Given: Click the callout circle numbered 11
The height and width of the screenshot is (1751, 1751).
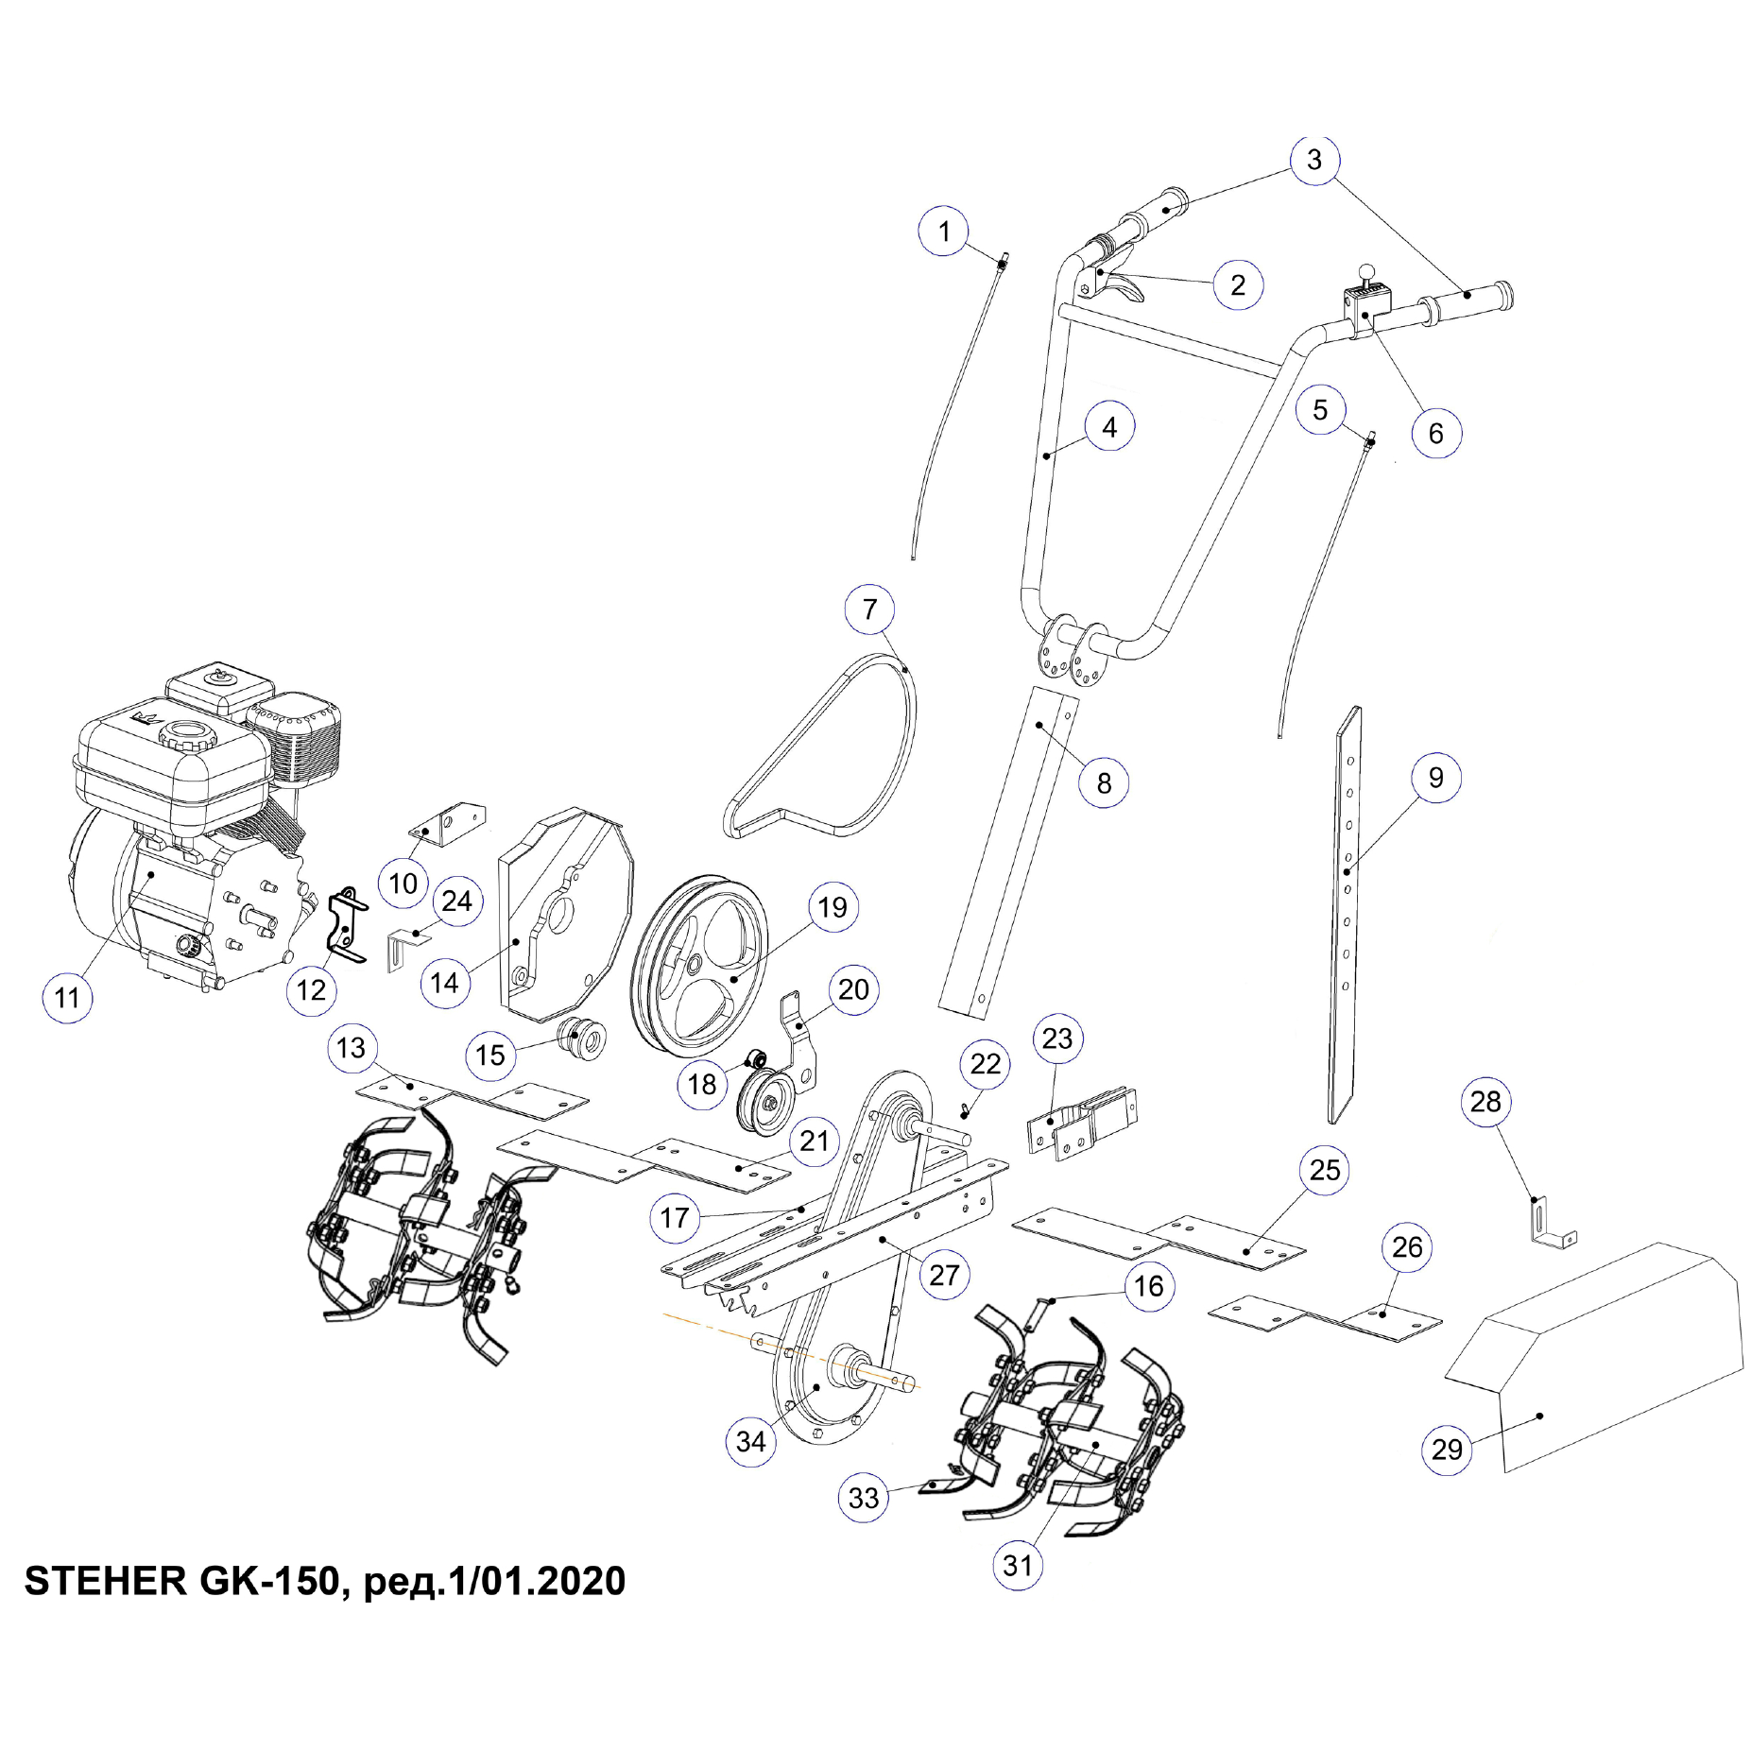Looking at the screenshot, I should pyautogui.click(x=67, y=997).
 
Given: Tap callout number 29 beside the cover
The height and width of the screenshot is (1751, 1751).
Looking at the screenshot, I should pyautogui.click(x=1446, y=1449).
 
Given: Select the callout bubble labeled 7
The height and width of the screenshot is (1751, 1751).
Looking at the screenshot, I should pyautogui.click(x=869, y=609).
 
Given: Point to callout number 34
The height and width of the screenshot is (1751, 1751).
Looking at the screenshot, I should pyautogui.click(x=750, y=1441).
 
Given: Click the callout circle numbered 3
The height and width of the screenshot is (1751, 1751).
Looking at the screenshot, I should pyautogui.click(x=1313, y=160).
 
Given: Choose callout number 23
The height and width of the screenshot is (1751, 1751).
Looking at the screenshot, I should pyautogui.click(x=1056, y=1039).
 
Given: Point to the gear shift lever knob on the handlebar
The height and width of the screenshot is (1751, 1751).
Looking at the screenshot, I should pyautogui.click(x=1365, y=270).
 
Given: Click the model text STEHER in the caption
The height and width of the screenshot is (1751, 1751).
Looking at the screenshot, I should pyautogui.click(x=105, y=1581).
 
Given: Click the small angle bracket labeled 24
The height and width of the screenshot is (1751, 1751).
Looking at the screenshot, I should pyautogui.click(x=404, y=947).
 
